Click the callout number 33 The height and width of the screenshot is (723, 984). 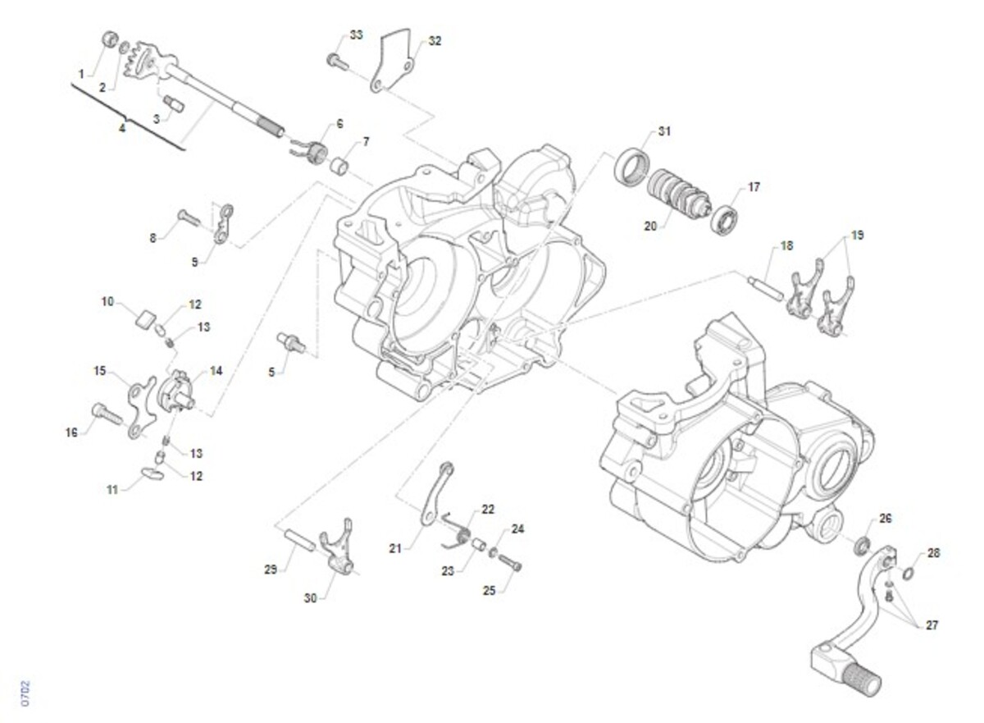(355, 35)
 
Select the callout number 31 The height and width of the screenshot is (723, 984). (663, 131)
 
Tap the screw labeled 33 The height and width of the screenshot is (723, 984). (336, 60)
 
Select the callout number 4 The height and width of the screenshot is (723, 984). (122, 128)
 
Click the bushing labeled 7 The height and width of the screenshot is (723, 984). (340, 167)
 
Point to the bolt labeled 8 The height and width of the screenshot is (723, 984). (188, 218)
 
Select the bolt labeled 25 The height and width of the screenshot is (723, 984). (510, 564)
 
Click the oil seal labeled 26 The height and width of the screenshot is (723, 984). (863, 544)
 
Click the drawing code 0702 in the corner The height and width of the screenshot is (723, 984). (25, 692)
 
